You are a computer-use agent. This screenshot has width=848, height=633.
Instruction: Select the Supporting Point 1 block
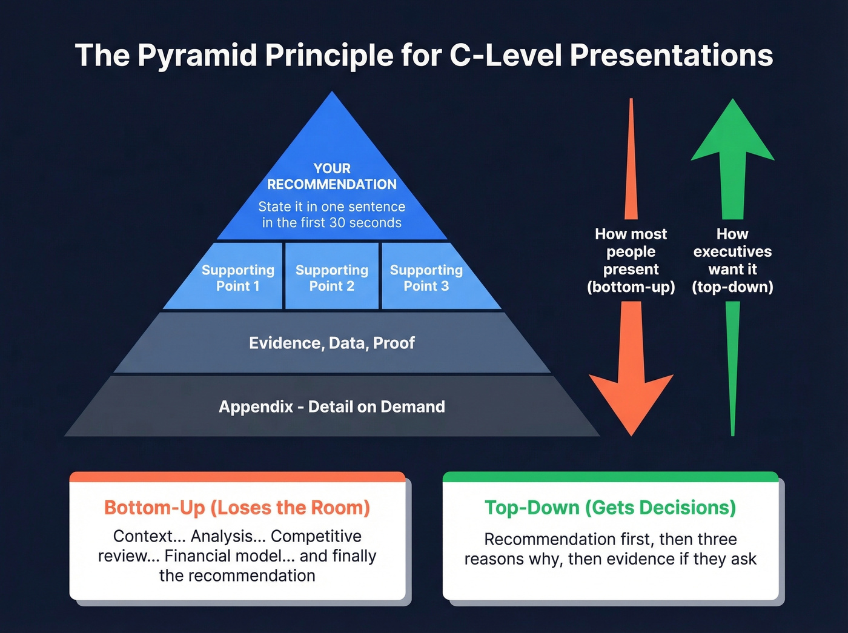coord(237,277)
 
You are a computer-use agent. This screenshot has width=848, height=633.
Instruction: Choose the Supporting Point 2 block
coord(331,277)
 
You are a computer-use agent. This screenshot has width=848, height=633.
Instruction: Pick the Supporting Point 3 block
coord(426,277)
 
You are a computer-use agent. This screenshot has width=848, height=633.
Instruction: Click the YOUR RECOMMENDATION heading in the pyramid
coord(331,176)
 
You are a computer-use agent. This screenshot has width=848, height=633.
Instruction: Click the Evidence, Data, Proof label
coord(331,343)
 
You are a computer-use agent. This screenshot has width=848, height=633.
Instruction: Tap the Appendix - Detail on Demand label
coord(331,406)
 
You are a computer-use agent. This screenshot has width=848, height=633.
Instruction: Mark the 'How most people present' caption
coord(631,251)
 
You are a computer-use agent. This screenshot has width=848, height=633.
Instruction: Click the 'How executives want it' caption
coord(732,251)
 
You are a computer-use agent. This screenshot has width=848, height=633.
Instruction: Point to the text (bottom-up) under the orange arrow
coord(631,287)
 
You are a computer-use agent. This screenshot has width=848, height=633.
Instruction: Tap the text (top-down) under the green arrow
coord(732,287)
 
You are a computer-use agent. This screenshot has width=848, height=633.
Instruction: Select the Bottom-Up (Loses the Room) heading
coord(237,508)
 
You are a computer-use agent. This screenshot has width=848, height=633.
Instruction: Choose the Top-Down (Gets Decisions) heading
coord(610,508)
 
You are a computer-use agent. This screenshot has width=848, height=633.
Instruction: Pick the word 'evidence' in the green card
coord(643,559)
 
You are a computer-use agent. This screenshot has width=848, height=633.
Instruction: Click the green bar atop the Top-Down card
coord(610,477)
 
